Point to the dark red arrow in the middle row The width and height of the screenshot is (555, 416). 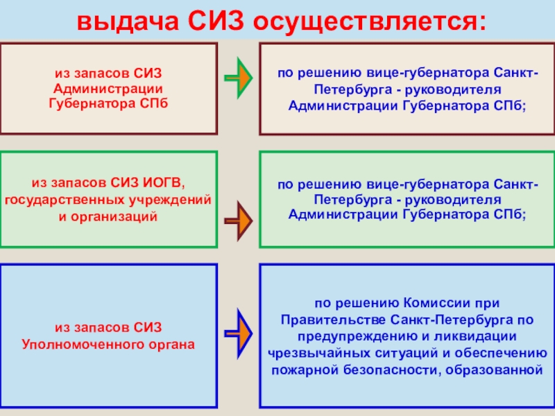pyautogui.click(x=238, y=221)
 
